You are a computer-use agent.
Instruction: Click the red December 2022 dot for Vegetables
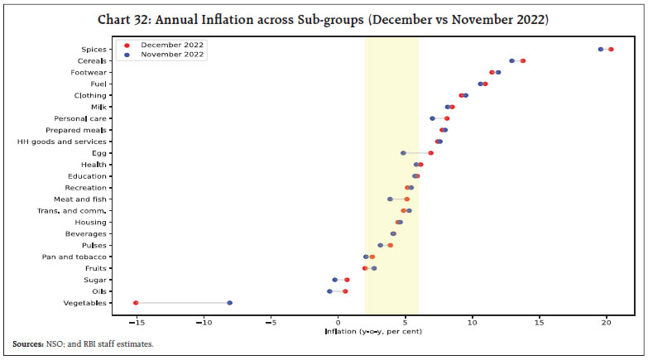pyautogui.click(x=136, y=303)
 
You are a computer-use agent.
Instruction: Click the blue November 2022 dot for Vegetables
pyautogui.click(x=230, y=303)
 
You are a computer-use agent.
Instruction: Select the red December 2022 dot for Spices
pyautogui.click(x=611, y=50)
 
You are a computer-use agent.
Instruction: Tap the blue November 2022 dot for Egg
pyautogui.click(x=403, y=153)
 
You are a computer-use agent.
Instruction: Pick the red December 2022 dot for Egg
pyautogui.click(x=430, y=153)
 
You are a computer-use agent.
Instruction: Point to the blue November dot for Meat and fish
pyautogui.click(x=390, y=199)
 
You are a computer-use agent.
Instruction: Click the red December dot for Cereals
pyautogui.click(x=523, y=61)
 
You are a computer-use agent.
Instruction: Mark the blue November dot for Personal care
pyautogui.click(x=432, y=118)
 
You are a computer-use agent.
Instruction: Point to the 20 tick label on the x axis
pyautogui.click(x=607, y=321)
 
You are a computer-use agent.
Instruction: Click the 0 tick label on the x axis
pyautogui.click(x=338, y=321)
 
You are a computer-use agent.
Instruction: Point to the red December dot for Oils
pyautogui.click(x=345, y=291)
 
